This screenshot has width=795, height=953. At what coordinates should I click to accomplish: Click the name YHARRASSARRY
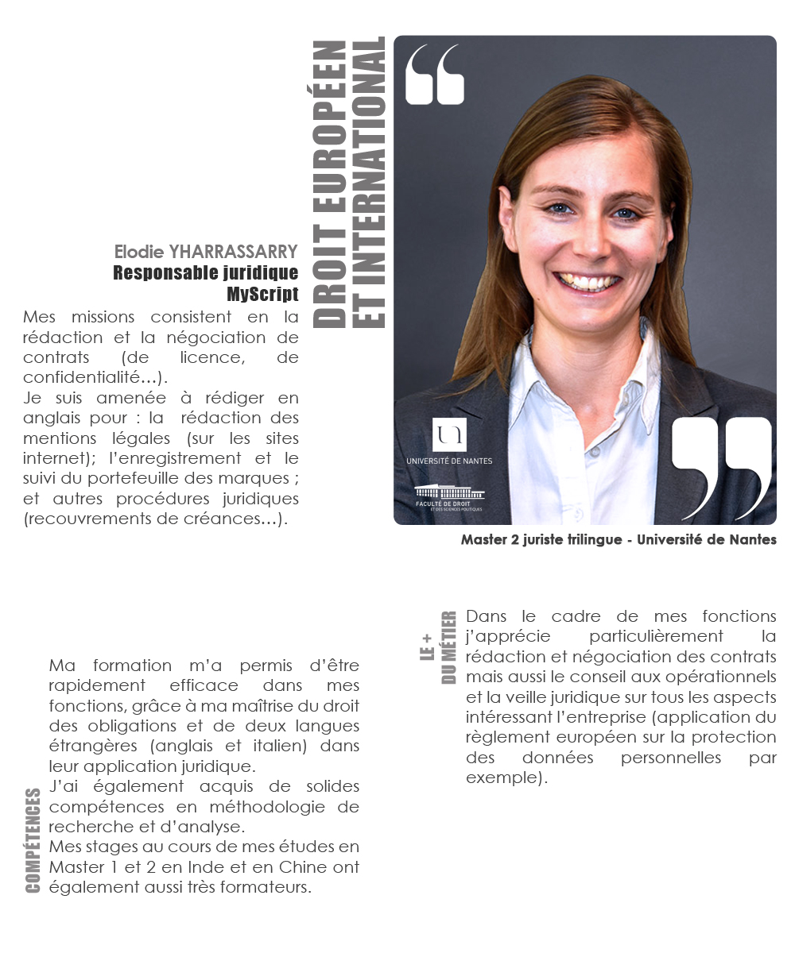[233, 253]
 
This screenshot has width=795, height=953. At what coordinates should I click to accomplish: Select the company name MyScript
[262, 294]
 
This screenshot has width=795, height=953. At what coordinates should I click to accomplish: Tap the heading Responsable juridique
[206, 273]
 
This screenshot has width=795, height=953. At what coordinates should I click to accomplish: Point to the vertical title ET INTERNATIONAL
[368, 183]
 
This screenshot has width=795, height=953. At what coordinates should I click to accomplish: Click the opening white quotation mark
[434, 74]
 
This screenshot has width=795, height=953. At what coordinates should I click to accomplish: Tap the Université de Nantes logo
[449, 442]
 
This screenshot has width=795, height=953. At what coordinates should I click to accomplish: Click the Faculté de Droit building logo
[449, 496]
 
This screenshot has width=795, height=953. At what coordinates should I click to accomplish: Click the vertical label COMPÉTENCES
[33, 840]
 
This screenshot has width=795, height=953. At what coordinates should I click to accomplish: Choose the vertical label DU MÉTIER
[449, 647]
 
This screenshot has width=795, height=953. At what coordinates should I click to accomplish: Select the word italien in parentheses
[289, 747]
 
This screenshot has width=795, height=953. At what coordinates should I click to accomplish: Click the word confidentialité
[89, 377]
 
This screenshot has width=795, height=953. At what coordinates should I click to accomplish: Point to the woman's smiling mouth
[587, 281]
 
